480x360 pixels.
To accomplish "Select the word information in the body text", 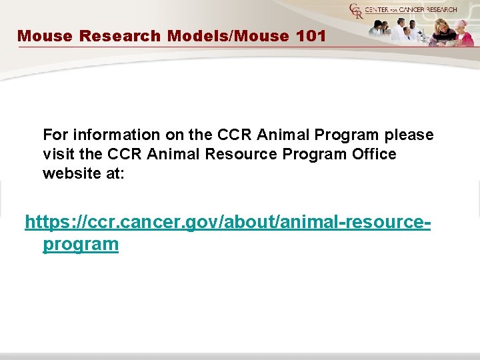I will click(114, 135).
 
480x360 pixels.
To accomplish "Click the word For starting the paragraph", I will click(56, 135).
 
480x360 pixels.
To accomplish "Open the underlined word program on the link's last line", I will click(81, 245).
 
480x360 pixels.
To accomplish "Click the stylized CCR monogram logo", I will click(355, 11).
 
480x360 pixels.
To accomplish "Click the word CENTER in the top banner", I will click(379, 9).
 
